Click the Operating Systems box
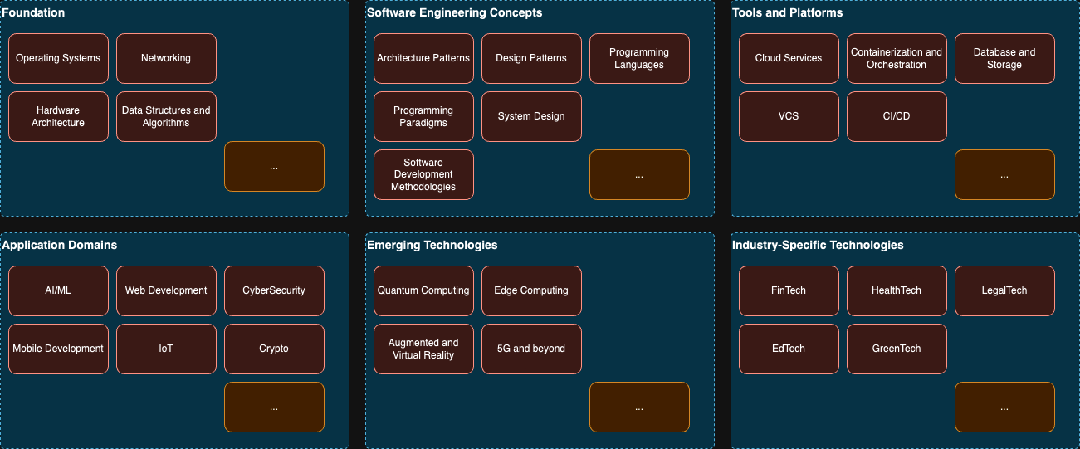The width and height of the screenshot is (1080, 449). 58,58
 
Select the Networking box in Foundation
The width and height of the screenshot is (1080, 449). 166,58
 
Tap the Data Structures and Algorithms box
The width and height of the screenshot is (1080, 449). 166,116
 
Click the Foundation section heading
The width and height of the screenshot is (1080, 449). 34,12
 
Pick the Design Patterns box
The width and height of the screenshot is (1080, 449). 531,58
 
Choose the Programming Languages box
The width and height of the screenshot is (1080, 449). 639,58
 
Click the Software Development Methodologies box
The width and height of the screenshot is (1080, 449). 423,174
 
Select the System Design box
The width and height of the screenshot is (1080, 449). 531,116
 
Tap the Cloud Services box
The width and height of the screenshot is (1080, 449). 789,58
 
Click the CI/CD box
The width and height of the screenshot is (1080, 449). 897,116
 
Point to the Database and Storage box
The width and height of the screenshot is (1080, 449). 1004,58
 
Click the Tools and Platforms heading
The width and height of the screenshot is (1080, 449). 787,12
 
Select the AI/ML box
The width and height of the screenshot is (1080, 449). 58,290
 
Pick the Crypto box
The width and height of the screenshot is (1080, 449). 274,349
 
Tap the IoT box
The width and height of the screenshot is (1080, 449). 166,349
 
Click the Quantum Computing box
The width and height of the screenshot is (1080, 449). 423,290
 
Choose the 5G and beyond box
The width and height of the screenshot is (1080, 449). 531,349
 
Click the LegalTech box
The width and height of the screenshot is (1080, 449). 1004,290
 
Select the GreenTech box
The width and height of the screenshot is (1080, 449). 897,349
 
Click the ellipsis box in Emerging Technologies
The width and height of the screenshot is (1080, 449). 639,407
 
